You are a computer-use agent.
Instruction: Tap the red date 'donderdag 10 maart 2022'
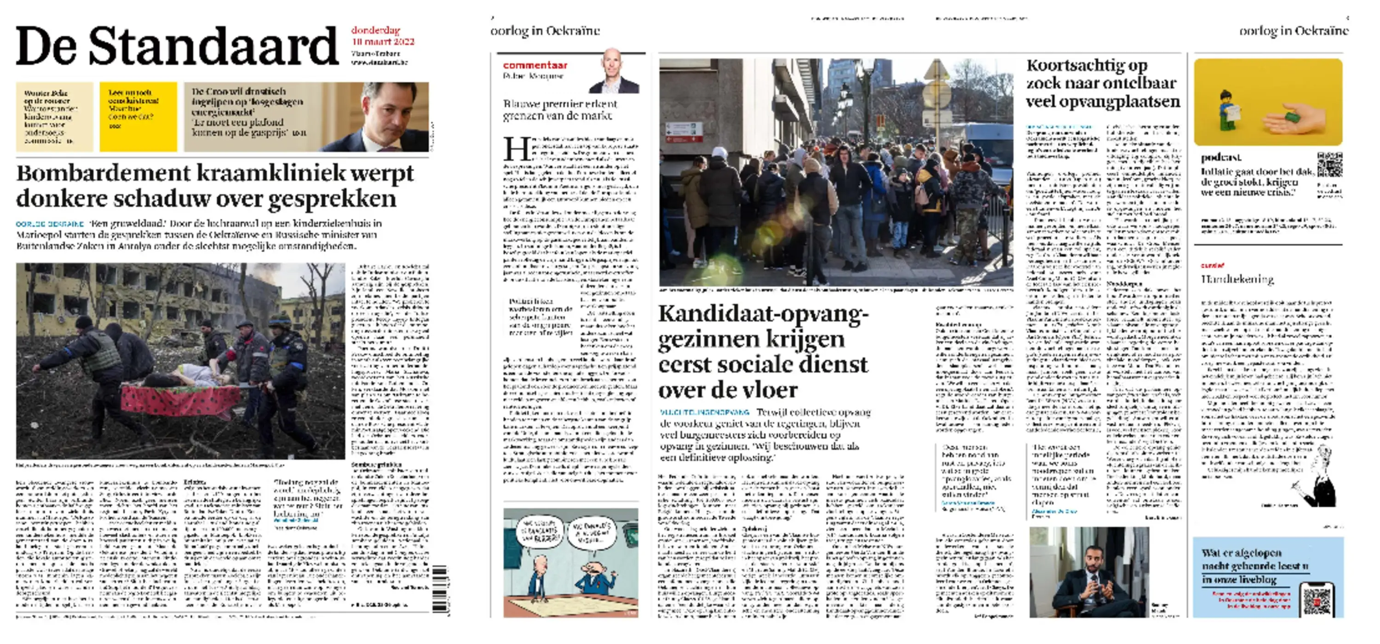click(x=383, y=36)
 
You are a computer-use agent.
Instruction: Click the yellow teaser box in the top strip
click(x=138, y=116)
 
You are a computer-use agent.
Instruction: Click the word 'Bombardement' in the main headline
click(x=103, y=173)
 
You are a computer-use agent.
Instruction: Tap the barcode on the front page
click(x=439, y=589)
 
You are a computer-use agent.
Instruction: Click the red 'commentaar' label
click(x=535, y=65)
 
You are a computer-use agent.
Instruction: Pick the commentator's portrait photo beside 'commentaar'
click(x=614, y=72)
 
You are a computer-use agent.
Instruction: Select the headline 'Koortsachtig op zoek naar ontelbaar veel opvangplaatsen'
click(x=1103, y=84)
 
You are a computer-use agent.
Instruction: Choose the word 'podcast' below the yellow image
click(x=1221, y=157)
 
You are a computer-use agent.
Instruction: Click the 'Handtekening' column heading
click(x=1236, y=279)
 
